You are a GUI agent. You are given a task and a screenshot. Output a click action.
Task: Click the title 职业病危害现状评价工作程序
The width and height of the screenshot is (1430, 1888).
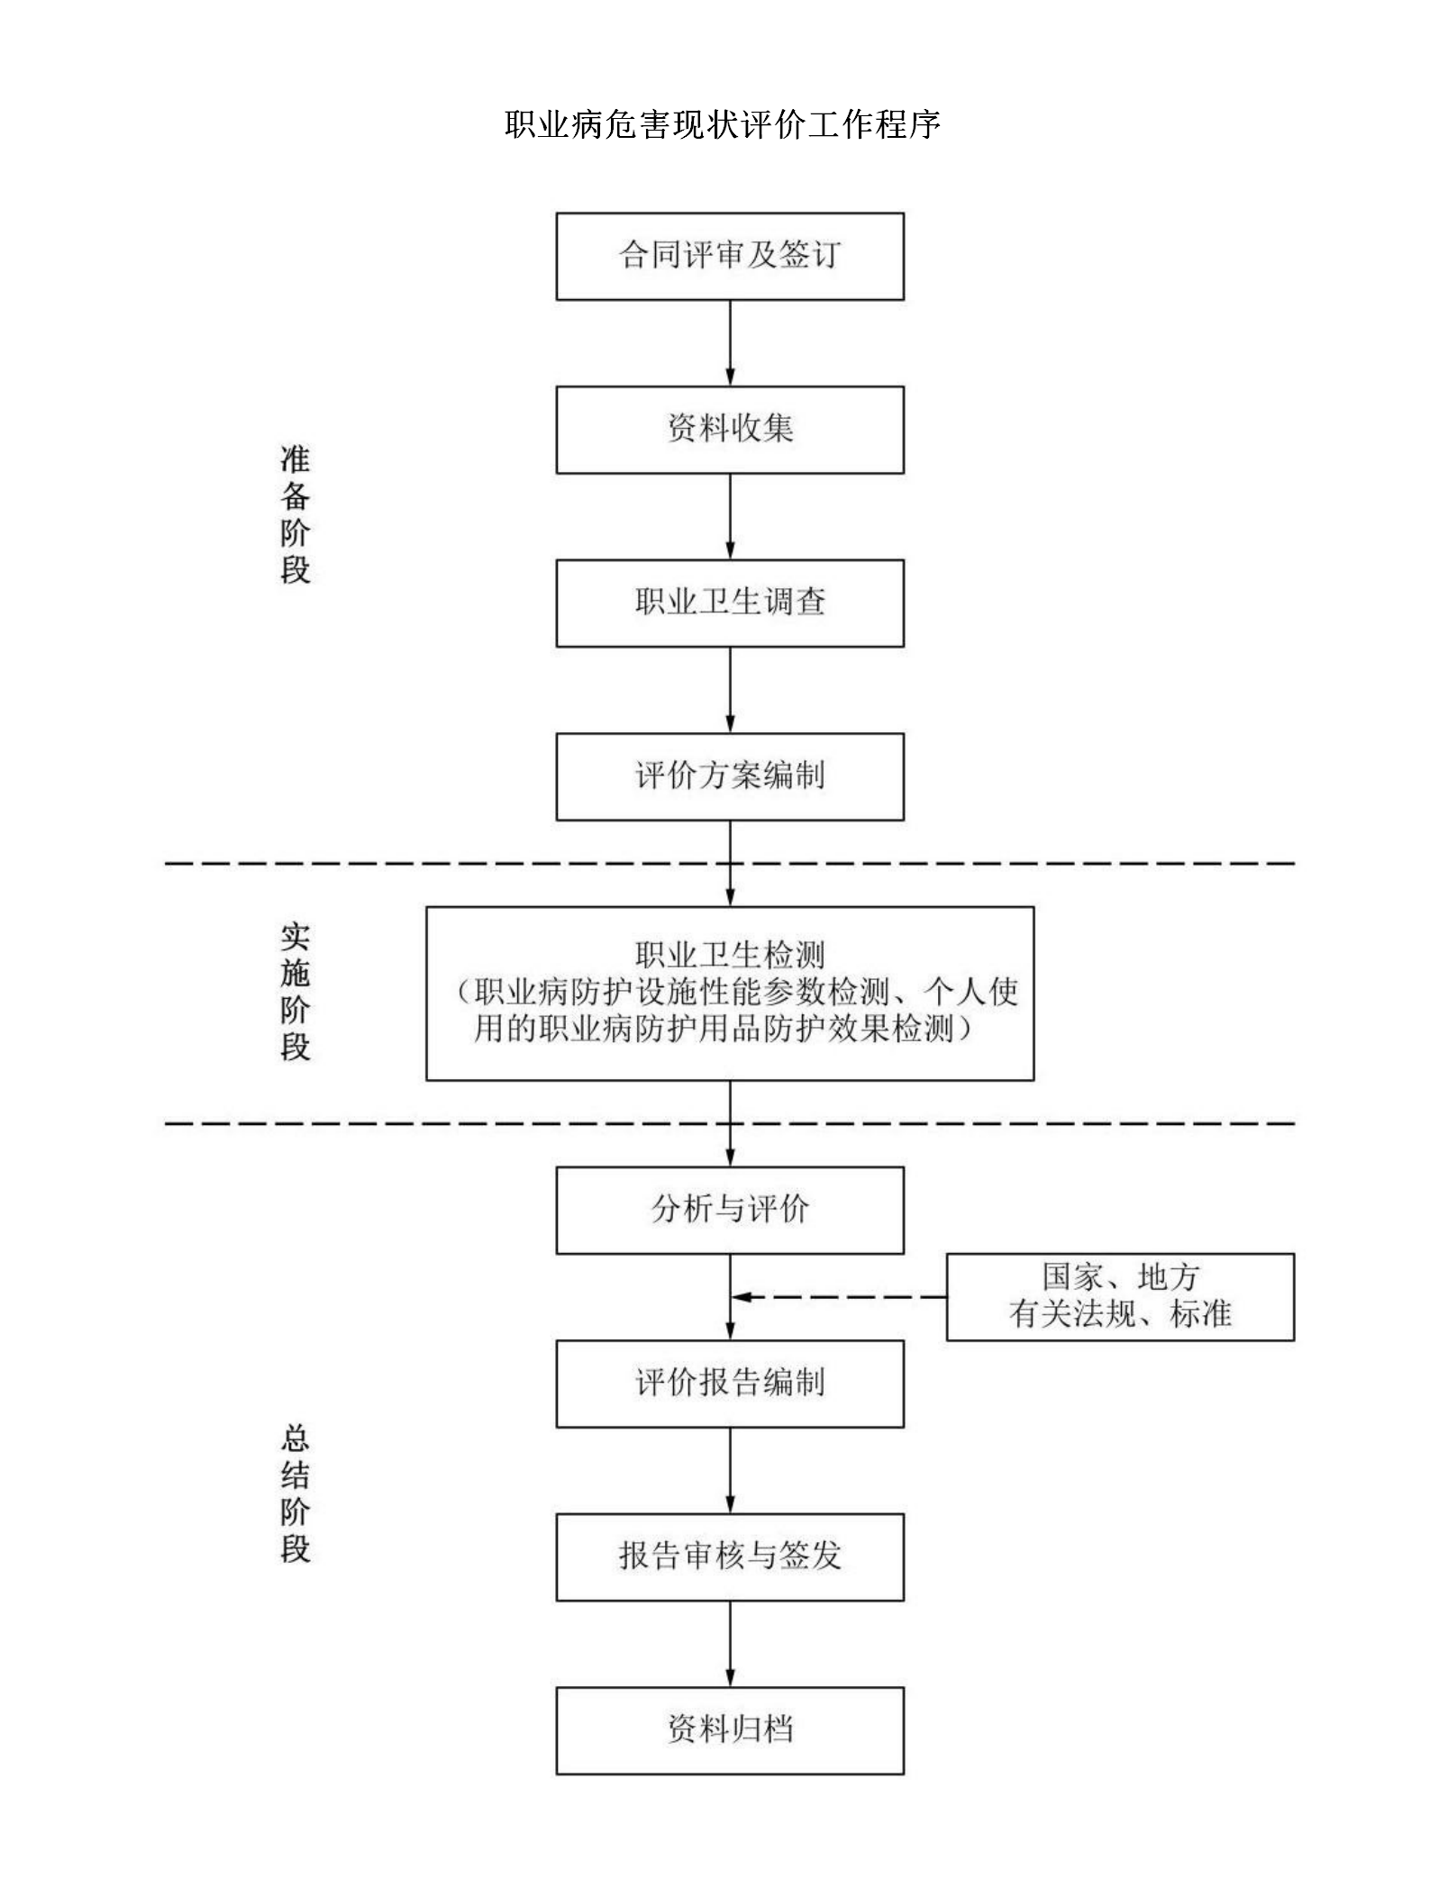click(723, 124)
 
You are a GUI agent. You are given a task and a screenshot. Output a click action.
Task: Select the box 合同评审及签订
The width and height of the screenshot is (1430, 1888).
click(730, 257)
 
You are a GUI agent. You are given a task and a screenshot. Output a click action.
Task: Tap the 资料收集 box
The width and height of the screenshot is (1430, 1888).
click(730, 430)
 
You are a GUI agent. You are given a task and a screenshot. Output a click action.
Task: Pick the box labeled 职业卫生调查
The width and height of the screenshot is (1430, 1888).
click(730, 604)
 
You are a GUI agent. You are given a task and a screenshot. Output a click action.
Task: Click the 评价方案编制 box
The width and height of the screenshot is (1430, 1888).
click(730, 776)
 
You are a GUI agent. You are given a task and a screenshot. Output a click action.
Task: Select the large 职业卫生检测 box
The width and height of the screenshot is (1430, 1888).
click(730, 994)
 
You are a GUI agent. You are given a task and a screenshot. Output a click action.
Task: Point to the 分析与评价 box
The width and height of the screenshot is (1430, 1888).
click(730, 1211)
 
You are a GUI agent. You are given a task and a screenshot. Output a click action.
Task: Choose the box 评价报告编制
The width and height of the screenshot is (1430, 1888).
click(730, 1384)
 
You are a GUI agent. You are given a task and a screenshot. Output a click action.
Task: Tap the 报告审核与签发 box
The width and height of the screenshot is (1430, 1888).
click(730, 1557)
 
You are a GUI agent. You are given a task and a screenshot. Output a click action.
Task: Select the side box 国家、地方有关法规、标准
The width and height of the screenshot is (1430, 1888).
click(1120, 1297)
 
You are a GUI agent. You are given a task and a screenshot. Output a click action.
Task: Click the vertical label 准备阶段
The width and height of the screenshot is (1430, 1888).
click(295, 514)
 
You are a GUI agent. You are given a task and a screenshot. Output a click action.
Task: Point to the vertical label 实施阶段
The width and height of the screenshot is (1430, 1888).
click(295, 992)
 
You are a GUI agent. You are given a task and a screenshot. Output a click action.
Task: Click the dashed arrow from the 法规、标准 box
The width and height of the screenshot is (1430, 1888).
click(839, 1297)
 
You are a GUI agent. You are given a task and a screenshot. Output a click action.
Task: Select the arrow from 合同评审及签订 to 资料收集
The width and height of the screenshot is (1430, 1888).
click(730, 343)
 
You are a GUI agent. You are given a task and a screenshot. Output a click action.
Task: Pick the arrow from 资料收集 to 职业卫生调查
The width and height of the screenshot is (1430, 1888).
click(730, 517)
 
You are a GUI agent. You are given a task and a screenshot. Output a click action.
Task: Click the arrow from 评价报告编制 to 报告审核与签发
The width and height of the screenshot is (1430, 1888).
click(730, 1471)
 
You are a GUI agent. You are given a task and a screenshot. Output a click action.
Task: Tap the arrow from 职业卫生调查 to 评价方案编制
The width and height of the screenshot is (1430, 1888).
click(730, 690)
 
